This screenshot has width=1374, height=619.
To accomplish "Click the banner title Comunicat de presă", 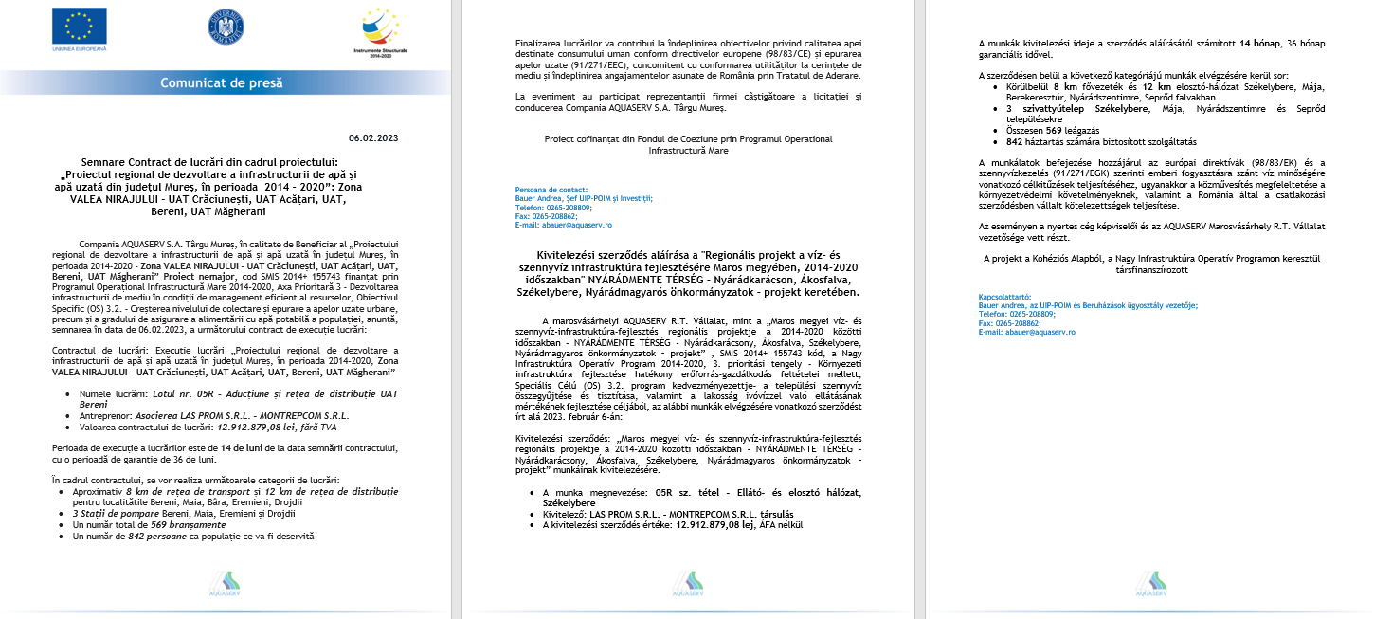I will (221, 82).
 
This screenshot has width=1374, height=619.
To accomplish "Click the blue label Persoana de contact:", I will (551, 190).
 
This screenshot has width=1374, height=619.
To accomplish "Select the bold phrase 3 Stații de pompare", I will (118, 514).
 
